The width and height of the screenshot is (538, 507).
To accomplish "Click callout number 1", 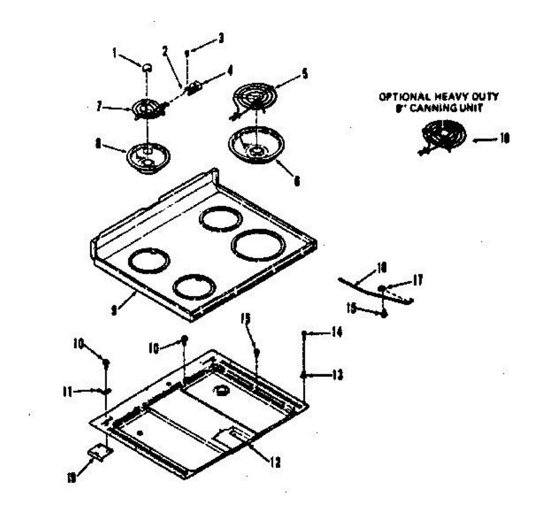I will [x=114, y=54].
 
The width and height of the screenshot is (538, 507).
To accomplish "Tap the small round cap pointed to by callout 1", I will [x=147, y=67].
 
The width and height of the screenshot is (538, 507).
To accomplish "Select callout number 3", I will [x=221, y=39].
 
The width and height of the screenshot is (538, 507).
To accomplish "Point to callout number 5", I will [x=305, y=73].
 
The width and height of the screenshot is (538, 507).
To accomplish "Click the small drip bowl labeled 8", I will [x=148, y=156].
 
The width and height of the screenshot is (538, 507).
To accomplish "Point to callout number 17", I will [x=418, y=281].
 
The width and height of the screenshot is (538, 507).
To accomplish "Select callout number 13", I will [x=337, y=374].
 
